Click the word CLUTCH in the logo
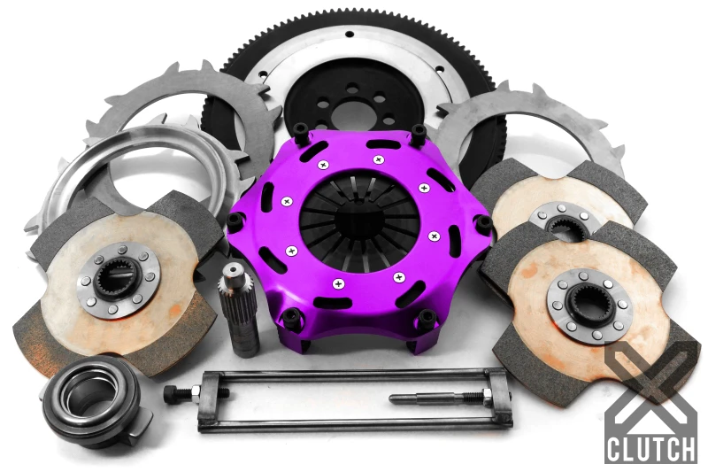coord(650,447)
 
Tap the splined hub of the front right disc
coord(588,306)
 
